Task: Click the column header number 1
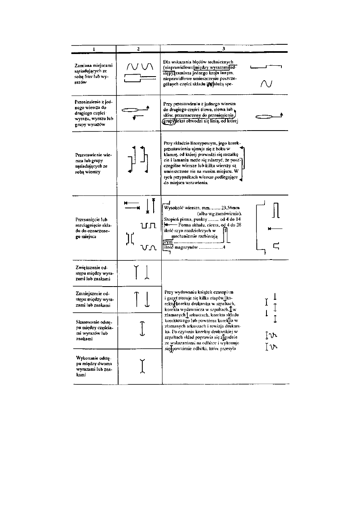pos(94,49)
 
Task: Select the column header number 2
pos(138,49)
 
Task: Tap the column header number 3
pos(224,49)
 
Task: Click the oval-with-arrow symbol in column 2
pos(135,109)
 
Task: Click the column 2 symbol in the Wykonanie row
pos(142,366)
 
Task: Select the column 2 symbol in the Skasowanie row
pos(142,328)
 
